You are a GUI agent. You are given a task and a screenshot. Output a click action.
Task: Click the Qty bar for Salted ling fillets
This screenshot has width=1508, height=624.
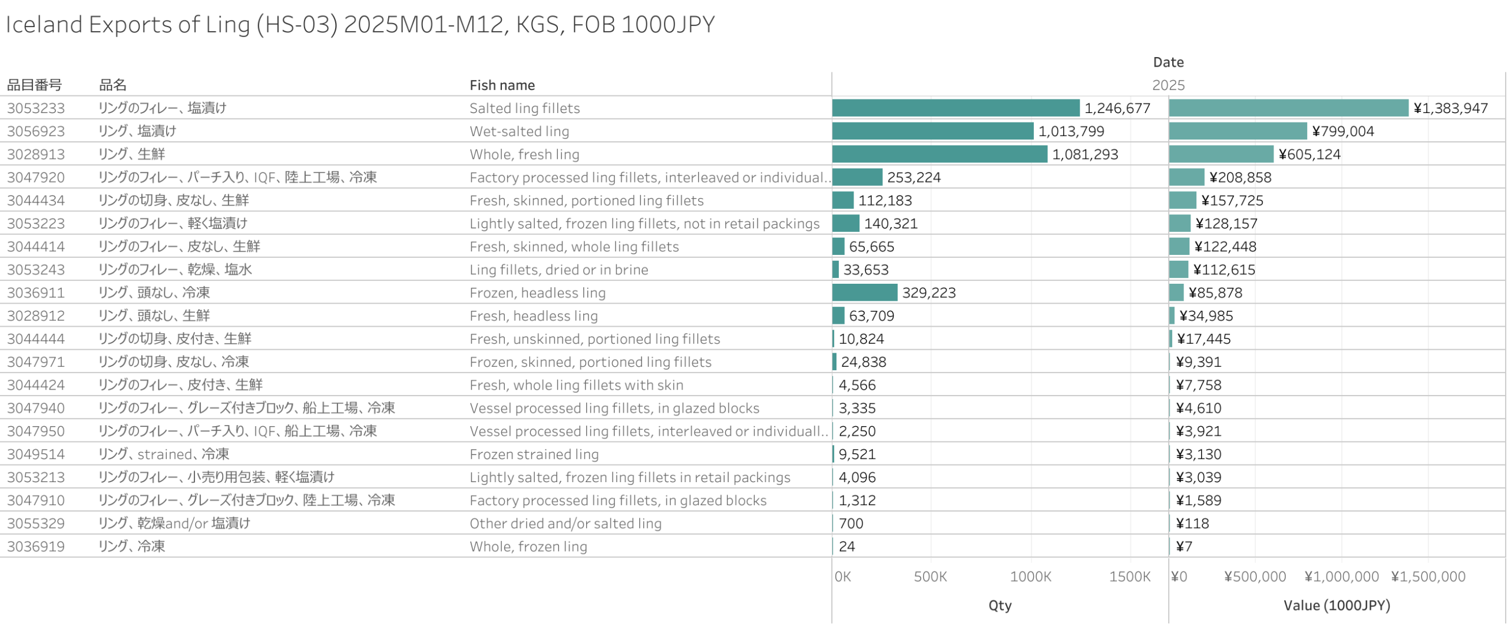click(x=955, y=108)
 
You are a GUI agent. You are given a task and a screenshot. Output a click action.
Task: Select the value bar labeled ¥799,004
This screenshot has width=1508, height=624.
click(x=1238, y=131)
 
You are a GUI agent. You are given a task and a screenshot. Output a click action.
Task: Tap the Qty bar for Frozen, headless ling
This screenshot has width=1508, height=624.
click(x=864, y=293)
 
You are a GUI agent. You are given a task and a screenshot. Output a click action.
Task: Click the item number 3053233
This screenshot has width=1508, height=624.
click(x=36, y=108)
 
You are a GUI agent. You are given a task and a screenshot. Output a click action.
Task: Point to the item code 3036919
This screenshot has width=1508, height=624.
click(x=36, y=546)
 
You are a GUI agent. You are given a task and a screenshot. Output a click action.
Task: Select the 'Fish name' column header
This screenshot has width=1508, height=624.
click(x=502, y=85)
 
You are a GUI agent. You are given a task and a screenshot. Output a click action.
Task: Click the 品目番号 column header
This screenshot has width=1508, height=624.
click(x=34, y=85)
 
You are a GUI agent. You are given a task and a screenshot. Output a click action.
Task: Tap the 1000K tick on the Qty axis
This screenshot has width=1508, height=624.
click(x=1030, y=577)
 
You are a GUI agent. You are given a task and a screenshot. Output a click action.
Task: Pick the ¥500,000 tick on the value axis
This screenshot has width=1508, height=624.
click(x=1254, y=577)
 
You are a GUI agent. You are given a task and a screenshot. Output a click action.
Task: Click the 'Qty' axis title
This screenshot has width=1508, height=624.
click(x=1000, y=605)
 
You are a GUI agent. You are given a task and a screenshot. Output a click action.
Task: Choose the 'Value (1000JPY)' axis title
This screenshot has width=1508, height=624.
click(x=1336, y=605)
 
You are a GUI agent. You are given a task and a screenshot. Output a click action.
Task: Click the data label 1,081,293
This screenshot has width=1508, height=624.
click(x=1084, y=154)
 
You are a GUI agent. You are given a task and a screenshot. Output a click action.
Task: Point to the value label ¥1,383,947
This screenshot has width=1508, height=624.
click(x=1450, y=108)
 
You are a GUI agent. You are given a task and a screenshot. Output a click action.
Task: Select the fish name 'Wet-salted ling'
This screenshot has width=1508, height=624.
click(x=519, y=131)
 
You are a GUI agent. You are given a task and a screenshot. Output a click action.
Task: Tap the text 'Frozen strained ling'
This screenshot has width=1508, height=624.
click(x=534, y=454)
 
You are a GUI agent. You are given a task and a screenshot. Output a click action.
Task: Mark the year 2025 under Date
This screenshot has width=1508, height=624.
click(x=1168, y=85)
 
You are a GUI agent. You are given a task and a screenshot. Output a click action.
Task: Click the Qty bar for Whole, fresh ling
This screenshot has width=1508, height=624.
click(x=939, y=154)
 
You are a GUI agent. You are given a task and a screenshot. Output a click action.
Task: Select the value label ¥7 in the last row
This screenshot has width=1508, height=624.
click(x=1183, y=546)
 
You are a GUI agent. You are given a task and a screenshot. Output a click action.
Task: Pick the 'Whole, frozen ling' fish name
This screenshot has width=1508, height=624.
click(x=528, y=546)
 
